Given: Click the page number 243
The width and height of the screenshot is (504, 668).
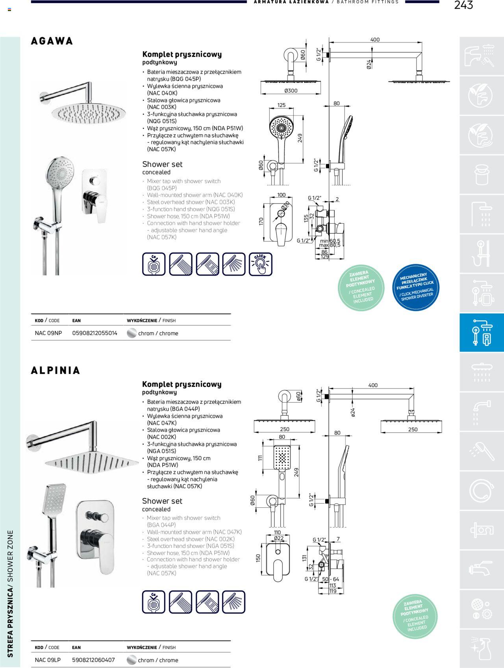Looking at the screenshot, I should pos(463,5).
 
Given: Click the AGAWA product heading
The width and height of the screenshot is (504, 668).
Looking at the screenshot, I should pos(52,41).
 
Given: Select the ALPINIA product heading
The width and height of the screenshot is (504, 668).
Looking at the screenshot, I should pos(56,370).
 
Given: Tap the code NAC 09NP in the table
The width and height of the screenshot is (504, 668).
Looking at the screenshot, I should pos(48,333).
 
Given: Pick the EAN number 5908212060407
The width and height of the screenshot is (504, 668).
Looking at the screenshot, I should pos(93,660).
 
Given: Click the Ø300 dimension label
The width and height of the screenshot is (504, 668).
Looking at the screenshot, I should pos(291,91).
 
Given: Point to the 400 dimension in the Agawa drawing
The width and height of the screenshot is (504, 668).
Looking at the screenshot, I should pos(375,39).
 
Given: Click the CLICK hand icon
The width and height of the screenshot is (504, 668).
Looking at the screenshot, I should pos(260,264).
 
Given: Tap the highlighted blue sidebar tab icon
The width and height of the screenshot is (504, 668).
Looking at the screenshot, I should pos(482,333).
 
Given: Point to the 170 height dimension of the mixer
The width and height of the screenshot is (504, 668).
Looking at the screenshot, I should pos(261,222).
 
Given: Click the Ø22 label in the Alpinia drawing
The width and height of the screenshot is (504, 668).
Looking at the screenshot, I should pos(279,538).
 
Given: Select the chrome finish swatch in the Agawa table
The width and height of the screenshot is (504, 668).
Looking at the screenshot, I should pos(132,333).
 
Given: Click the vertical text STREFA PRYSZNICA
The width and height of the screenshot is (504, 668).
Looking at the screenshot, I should pos(10,622).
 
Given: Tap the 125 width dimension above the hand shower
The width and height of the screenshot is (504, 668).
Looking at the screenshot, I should pos(281,105).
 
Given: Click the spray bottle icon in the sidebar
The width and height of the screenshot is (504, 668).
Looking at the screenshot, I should pos(481,648).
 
